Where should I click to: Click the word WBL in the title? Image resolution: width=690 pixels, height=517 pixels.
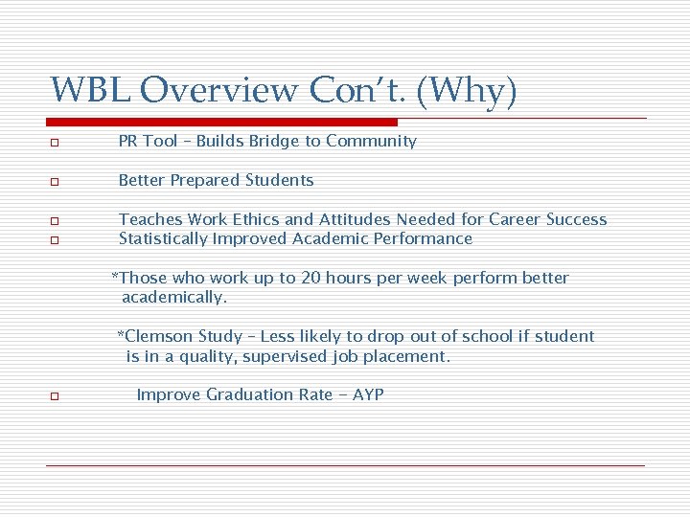click(x=91, y=90)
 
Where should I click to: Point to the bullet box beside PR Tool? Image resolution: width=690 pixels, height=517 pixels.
click(x=57, y=143)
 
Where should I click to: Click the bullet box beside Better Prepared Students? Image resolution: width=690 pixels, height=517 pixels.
click(x=57, y=182)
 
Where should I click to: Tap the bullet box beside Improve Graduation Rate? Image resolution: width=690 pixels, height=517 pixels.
click(x=57, y=396)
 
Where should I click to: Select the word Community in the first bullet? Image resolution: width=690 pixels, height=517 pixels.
click(x=371, y=142)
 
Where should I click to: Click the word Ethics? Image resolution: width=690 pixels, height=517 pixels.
click(x=255, y=220)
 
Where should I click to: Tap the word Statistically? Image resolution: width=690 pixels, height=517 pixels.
click(x=161, y=239)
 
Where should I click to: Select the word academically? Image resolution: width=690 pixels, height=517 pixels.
click(x=173, y=298)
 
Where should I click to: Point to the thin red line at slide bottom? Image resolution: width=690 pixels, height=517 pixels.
click(x=345, y=465)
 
